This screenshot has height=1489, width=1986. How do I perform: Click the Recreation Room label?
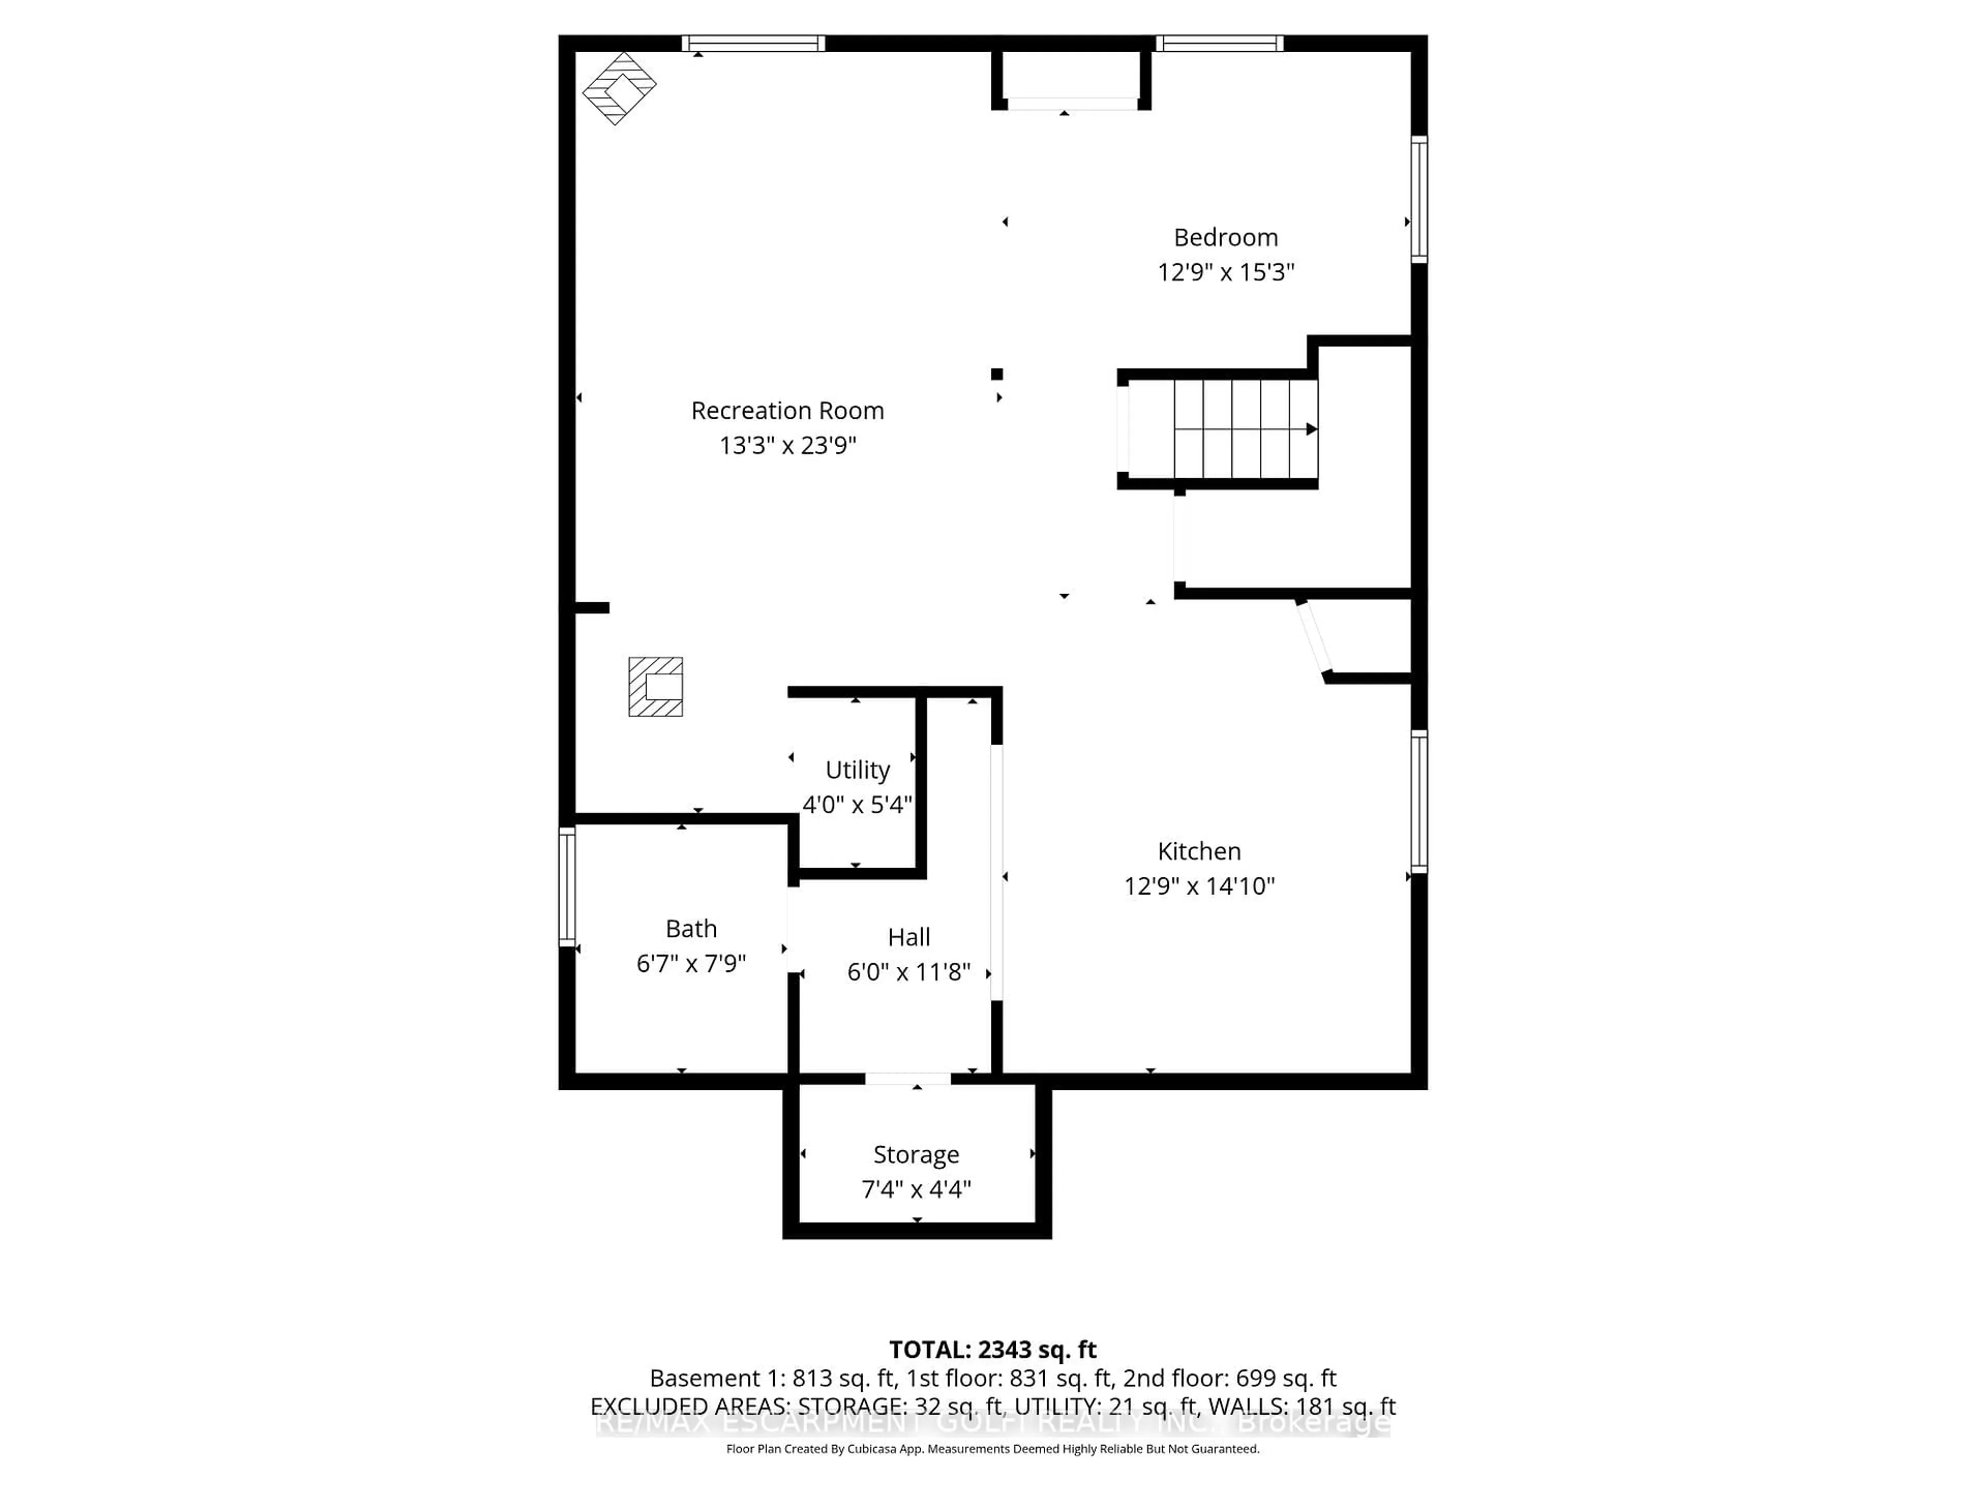pyautogui.click(x=787, y=411)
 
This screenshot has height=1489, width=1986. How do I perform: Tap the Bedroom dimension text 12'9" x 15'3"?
pyautogui.click(x=1226, y=272)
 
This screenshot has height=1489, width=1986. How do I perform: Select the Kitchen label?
pyautogui.click(x=1199, y=851)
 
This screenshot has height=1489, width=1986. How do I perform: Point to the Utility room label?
pyautogui.click(x=857, y=770)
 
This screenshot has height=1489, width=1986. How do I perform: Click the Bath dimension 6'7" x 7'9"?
pyautogui.click(x=691, y=963)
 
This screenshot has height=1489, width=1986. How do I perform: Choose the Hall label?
pyautogui.click(x=909, y=937)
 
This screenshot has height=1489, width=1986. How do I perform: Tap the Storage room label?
pyautogui.click(x=916, y=1154)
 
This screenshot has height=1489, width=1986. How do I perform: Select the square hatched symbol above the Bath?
pyautogui.click(x=655, y=687)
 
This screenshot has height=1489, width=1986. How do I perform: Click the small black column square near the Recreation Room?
pyautogui.click(x=997, y=374)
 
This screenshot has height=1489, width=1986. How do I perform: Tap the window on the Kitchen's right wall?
pyautogui.click(x=1419, y=801)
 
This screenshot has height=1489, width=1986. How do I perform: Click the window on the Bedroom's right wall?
pyautogui.click(x=1419, y=199)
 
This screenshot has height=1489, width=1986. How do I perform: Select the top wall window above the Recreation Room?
pyautogui.click(x=753, y=43)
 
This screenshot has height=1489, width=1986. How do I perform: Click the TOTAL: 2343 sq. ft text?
pyautogui.click(x=992, y=1350)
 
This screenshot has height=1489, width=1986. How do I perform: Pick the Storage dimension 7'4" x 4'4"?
pyautogui.click(x=916, y=1189)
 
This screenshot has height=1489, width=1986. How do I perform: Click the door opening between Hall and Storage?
pyautogui.click(x=908, y=1079)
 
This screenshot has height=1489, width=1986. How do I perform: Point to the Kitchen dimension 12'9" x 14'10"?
pyautogui.click(x=1199, y=886)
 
